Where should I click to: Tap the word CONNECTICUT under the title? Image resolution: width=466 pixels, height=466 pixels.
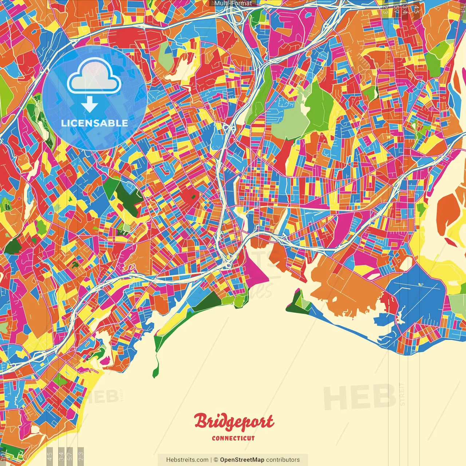pos(233,438)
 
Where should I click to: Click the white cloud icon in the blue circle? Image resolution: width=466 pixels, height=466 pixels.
pos(94,77)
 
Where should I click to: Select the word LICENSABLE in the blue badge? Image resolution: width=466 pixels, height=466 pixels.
pos(95,123)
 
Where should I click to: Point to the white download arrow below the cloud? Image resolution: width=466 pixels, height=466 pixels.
pos(90,104)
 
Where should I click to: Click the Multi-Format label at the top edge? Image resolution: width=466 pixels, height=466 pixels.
pos(233,3)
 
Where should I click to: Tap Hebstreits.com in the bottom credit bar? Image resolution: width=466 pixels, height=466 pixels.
pos(187,460)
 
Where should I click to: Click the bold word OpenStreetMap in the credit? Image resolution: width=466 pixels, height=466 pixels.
pos(242,460)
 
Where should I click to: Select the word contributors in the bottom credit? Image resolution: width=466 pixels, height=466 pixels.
pos(283,460)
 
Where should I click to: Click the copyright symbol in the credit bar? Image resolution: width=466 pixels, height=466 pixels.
pos(216,460)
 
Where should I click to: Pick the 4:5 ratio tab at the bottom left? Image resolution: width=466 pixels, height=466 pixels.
pos(50,455)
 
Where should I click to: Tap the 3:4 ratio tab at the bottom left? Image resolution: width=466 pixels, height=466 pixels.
pos(61,455)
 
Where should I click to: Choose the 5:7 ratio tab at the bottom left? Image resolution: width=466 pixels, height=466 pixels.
pos(70,455)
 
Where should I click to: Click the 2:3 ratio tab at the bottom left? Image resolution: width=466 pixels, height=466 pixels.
pos(80,455)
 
